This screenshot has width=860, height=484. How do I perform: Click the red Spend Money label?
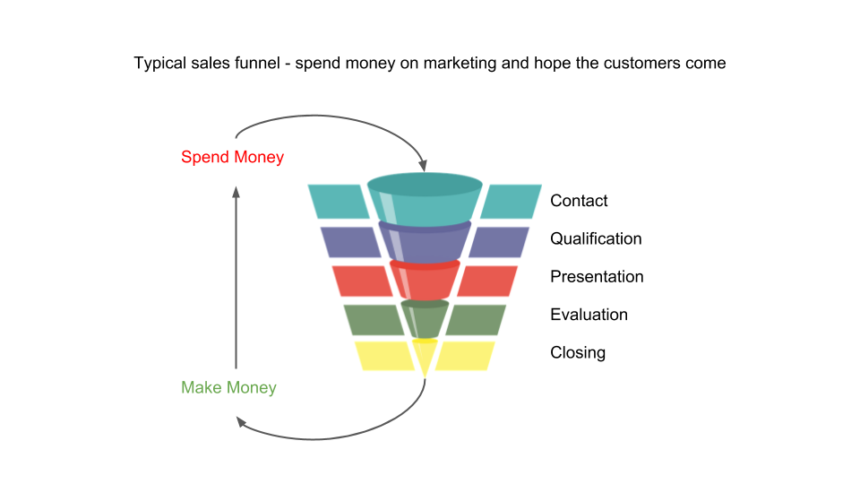pos(232,158)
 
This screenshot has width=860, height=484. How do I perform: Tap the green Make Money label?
pos(228,388)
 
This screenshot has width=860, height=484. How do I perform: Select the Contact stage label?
pos(579,201)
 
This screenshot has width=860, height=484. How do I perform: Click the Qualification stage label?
pos(596,239)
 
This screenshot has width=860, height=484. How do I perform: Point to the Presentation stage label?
pos(597,277)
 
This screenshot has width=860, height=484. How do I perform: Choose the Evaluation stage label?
pos(589,315)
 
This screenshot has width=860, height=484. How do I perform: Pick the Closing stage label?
pos(578,352)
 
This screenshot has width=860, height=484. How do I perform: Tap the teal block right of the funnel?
pos(510,201)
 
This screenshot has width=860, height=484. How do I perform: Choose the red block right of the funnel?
pos(486,281)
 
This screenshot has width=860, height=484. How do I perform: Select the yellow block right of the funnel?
pos(465,356)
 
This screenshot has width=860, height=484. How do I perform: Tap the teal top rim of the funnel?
pos(425,185)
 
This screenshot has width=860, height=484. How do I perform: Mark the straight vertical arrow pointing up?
pos(236,278)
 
